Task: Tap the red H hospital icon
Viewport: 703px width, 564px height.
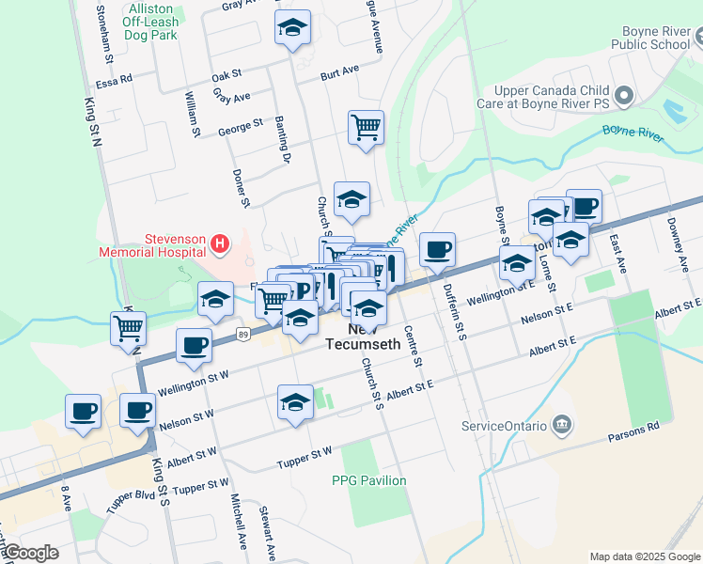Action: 220,245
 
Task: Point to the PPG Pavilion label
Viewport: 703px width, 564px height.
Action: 369,480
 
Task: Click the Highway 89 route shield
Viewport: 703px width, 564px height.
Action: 243,333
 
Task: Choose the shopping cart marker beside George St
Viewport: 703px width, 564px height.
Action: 366,127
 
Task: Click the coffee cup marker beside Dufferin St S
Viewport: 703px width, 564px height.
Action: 437,250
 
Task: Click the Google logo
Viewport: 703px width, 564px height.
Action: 30,553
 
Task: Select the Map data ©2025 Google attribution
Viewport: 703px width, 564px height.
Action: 644,556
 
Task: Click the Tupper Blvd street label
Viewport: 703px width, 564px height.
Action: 131,499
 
